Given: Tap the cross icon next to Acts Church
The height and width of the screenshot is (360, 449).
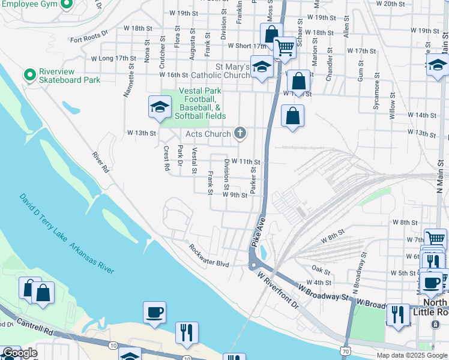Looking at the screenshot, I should (240, 133).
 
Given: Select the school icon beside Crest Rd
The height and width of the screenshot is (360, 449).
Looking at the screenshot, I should (160, 107).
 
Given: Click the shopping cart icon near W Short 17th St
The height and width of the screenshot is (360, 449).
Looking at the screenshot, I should (284, 47).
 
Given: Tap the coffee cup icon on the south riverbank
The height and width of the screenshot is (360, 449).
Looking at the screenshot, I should (154, 312).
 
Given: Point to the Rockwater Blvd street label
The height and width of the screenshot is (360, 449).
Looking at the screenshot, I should (209, 256).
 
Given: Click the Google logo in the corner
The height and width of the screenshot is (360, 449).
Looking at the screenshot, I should (19, 353).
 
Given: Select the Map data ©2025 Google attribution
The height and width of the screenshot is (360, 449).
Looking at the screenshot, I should (412, 355).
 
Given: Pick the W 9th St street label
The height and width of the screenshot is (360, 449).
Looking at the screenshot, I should (235, 195).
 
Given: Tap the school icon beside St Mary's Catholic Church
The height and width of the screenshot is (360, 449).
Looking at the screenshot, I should (262, 68).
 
